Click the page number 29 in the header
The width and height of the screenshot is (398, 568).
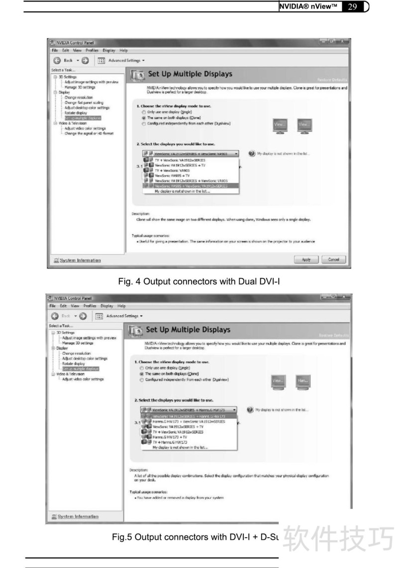[352, 6]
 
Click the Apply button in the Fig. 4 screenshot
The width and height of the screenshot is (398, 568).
[306, 260]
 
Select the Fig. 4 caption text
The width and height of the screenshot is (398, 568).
[199, 282]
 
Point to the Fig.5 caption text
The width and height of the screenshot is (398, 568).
[194, 538]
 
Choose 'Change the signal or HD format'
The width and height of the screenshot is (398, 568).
[89, 133]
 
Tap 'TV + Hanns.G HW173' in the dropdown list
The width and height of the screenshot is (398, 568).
[170, 442]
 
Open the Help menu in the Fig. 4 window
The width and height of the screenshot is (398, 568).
[123, 50]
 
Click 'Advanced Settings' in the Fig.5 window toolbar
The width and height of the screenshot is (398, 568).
[124, 316]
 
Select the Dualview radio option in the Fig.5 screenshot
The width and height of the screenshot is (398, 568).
[142, 379]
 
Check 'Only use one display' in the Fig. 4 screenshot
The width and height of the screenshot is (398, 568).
[144, 112]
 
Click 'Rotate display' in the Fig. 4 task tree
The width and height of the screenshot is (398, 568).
[76, 113]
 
